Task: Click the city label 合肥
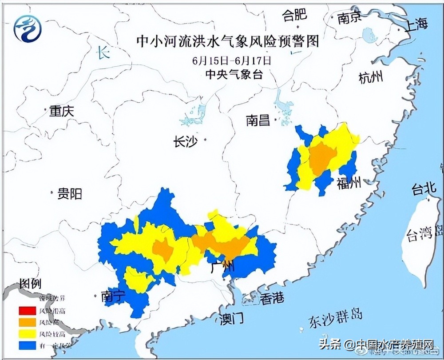coord(295,16)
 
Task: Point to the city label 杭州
coord(370,78)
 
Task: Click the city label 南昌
coord(258,120)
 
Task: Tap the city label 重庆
coord(61,112)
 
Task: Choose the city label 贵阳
coord(70,194)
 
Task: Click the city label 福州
coord(349,183)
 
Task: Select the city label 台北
coord(424,190)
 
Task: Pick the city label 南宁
coord(114,296)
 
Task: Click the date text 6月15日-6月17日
coord(232,60)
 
